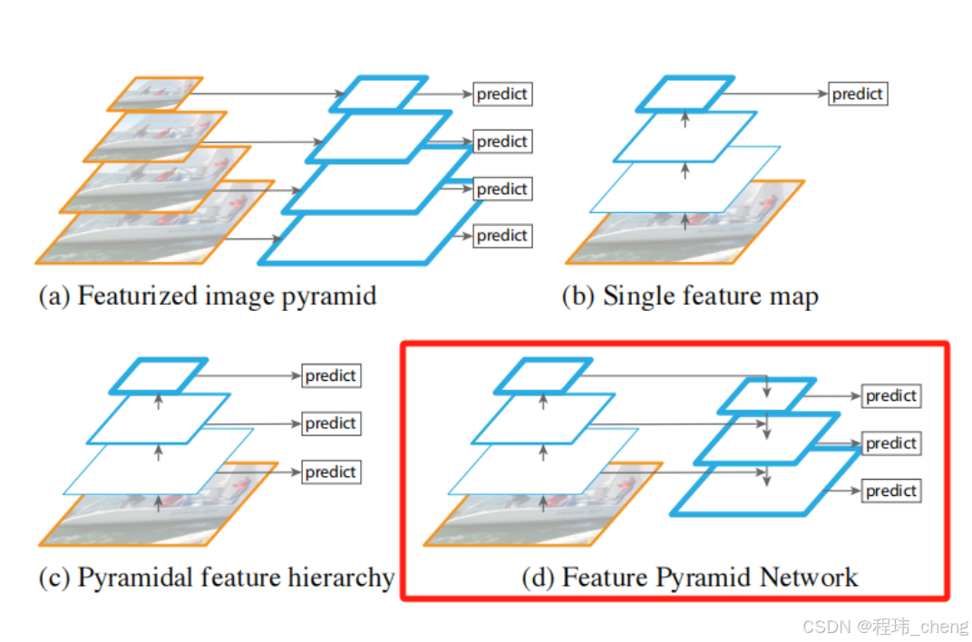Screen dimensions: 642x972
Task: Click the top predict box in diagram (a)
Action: [501, 93]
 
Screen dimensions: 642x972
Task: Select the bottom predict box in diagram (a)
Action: [501, 236]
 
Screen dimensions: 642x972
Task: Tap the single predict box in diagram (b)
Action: [857, 93]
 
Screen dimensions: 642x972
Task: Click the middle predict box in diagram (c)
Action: [331, 423]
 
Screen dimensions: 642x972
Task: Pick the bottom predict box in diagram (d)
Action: [890, 491]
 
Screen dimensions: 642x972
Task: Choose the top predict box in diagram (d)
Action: [890, 396]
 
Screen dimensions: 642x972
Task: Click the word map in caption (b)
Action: [793, 297]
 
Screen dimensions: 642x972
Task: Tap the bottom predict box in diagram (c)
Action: [331, 472]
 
